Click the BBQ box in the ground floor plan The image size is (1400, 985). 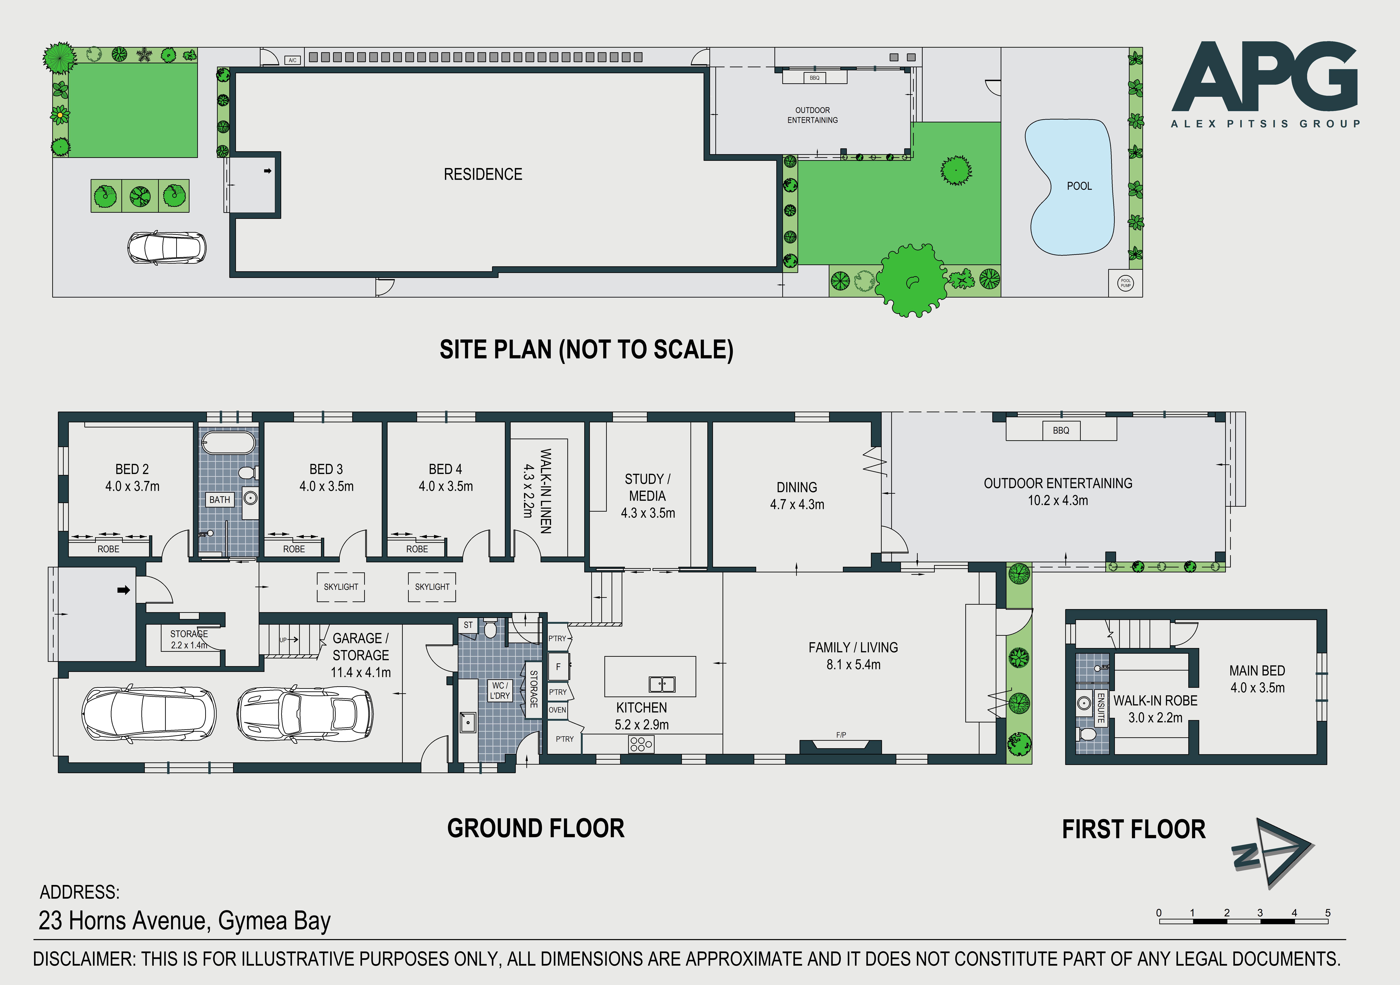pos(1061,430)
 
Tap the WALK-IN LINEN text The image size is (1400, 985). pos(546,491)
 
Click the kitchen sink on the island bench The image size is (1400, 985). pos(662,685)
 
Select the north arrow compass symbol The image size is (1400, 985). pos(1273,852)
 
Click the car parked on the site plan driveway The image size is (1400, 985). pos(166,248)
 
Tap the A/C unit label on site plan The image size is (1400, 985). pos(293,60)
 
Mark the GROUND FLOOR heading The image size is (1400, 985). pos(536,828)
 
